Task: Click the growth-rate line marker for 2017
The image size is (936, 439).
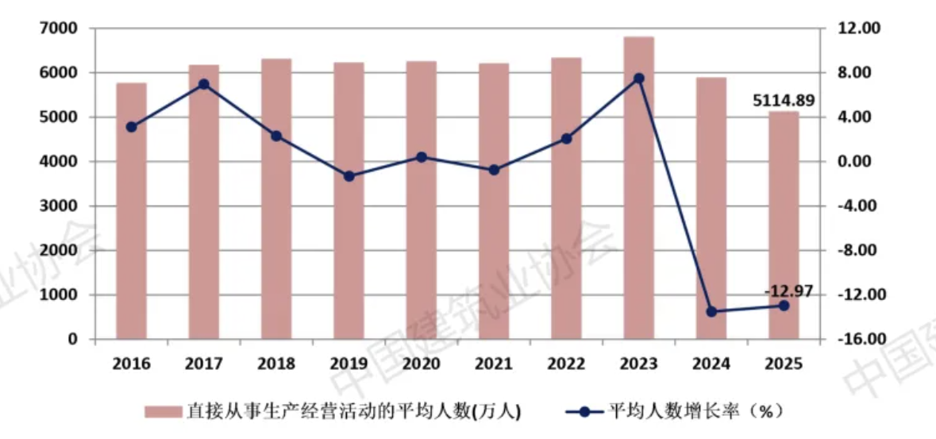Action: [204, 84]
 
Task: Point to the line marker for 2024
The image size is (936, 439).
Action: [711, 312]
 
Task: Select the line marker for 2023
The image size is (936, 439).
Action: [638, 79]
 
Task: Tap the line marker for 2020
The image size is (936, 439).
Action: [421, 157]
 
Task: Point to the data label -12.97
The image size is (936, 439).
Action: [788, 291]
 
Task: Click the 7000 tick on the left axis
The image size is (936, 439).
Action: [60, 29]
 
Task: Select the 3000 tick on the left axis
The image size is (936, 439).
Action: [60, 206]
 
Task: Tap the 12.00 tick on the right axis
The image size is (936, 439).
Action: [861, 29]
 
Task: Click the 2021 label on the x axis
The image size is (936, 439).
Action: [493, 364]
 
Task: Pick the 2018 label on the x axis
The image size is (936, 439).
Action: [276, 364]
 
